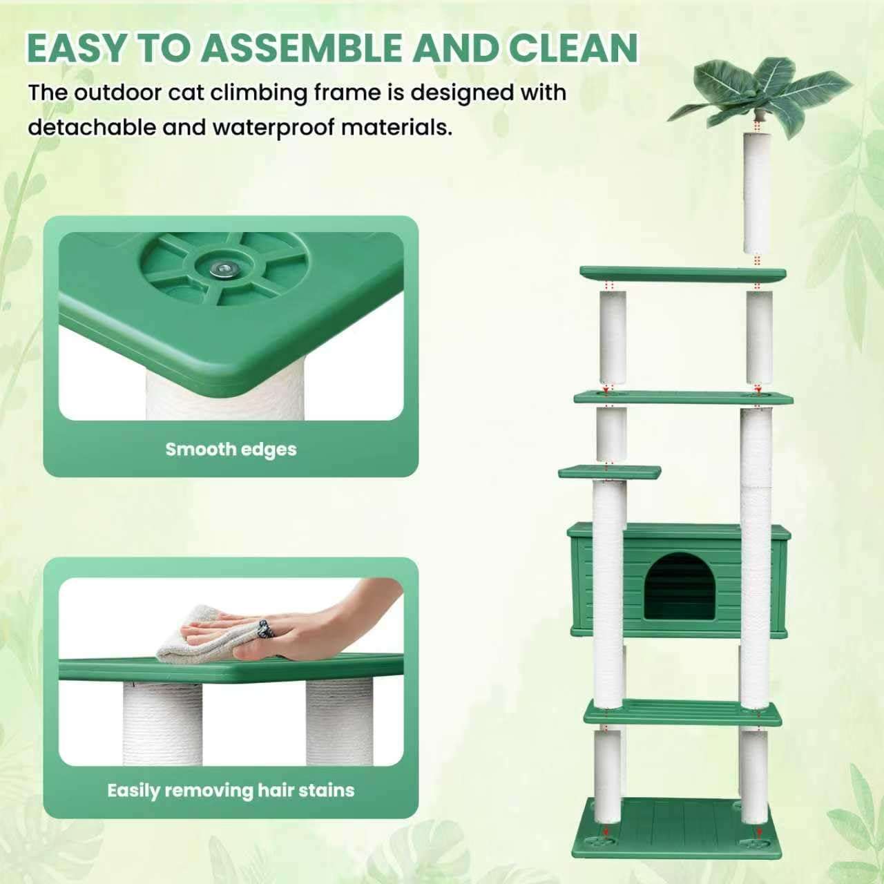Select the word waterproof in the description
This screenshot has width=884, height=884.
273,127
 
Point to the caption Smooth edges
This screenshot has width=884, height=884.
231,449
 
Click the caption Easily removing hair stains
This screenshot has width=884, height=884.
231,790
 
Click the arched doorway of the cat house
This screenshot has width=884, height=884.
680,586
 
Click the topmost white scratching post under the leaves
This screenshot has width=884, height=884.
756,193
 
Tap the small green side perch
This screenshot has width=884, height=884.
610,472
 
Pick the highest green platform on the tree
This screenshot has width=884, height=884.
682,274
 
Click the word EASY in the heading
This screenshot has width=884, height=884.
75,48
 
